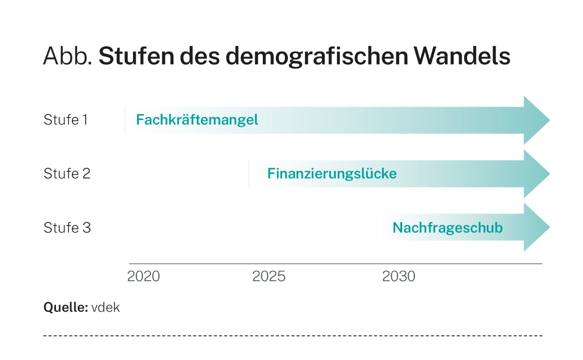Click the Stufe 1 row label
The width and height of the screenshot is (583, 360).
pyautogui.click(x=66, y=120)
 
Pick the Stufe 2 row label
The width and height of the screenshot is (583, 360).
pyautogui.click(x=67, y=174)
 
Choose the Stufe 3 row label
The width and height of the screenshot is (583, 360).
pyautogui.click(x=67, y=227)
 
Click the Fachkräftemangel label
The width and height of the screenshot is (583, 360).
pyautogui.click(x=197, y=120)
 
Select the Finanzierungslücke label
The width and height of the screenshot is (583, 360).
pyautogui.click(x=332, y=174)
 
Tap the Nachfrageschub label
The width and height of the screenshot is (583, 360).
pyautogui.click(x=447, y=227)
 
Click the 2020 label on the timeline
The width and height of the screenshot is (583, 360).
pyautogui.click(x=143, y=277)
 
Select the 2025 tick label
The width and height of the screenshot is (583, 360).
pyautogui.click(x=269, y=277)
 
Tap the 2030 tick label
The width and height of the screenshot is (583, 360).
pyautogui.click(x=399, y=277)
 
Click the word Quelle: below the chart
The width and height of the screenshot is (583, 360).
pyautogui.click(x=66, y=308)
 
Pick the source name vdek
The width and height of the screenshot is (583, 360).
pyautogui.click(x=105, y=308)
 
